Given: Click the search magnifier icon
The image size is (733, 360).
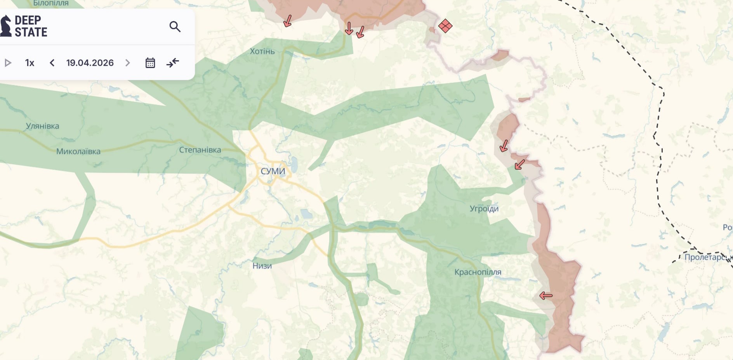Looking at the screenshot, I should [175, 26].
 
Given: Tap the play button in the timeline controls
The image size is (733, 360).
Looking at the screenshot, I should [8, 63].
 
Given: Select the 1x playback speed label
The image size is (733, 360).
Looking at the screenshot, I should [30, 63].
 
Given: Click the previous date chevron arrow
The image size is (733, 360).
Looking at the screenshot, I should [52, 63].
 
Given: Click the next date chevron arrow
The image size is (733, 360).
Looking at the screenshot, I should [128, 63].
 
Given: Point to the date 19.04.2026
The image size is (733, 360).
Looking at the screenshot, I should [90, 63].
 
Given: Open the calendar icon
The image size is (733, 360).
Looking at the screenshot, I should [150, 63].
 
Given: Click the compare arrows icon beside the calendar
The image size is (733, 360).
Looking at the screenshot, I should [173, 63].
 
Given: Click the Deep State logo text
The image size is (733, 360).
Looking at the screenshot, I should [30, 26].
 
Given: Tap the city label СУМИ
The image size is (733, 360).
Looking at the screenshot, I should [273, 171].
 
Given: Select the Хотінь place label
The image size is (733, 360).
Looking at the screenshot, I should [262, 51].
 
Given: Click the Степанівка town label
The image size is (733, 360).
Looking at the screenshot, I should [200, 150].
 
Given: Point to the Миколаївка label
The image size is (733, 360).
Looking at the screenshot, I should [78, 151].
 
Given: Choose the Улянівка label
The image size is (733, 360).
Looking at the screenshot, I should [42, 126].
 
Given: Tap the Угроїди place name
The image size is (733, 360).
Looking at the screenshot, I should [484, 209].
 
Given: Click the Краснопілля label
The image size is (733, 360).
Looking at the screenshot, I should [478, 272].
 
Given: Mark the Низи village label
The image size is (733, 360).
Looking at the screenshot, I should [262, 266].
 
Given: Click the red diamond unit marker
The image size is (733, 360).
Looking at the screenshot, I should [445, 26].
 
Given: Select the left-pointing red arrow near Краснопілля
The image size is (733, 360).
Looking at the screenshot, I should [546, 296].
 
